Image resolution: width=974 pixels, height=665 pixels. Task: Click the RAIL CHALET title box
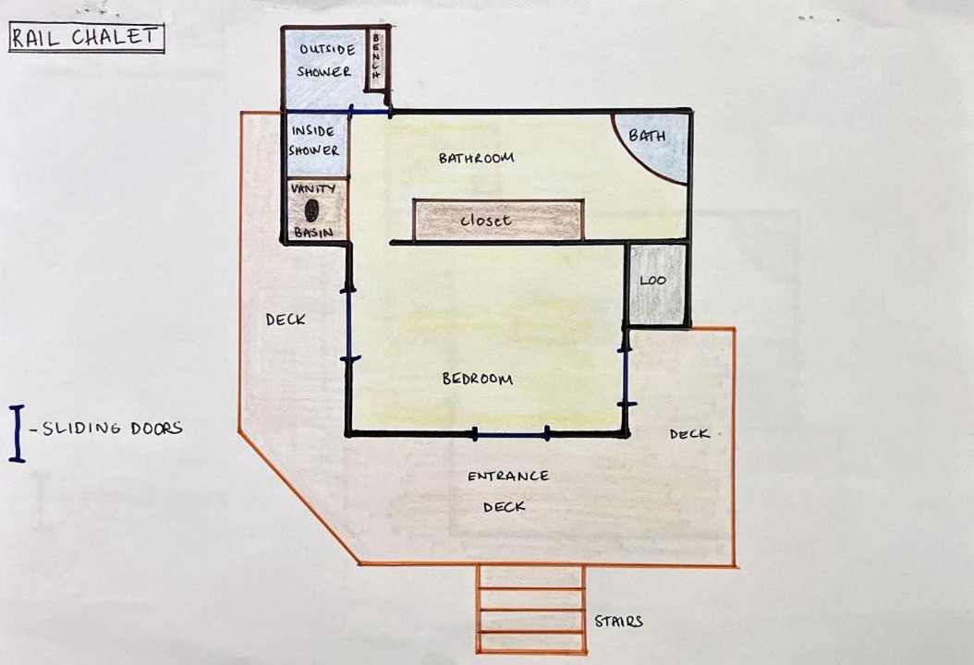coord(86,38)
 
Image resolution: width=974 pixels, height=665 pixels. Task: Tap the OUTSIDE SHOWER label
coord(325,60)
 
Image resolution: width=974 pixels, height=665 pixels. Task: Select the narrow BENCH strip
coord(376,59)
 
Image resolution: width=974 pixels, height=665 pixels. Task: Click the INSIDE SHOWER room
coord(315,143)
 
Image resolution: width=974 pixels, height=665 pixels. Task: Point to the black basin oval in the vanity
coord(312,211)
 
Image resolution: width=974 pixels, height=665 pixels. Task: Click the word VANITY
coord(313,188)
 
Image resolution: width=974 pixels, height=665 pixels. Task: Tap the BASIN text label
coord(313,233)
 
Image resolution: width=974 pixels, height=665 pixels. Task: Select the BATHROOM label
coord(477,158)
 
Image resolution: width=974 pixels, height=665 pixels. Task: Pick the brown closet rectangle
coord(499,220)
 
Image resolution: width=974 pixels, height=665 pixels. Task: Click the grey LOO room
coord(657,284)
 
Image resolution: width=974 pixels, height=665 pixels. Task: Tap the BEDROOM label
coord(477,378)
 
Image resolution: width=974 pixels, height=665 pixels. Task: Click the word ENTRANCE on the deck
coord(508,477)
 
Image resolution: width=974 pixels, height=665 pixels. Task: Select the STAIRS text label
coord(618,621)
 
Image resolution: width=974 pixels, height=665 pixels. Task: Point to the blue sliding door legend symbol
coord(17,433)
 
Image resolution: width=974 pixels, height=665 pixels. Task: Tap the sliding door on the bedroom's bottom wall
coord(511,435)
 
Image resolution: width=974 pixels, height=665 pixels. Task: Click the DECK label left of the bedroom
coord(286,320)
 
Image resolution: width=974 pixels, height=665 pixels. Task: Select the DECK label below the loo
coord(689,434)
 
